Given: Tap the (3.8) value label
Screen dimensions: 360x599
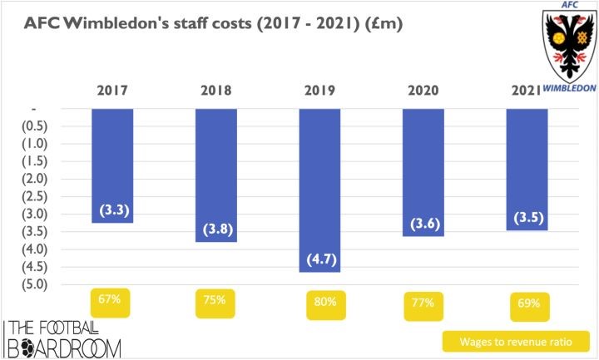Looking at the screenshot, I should (x=216, y=229).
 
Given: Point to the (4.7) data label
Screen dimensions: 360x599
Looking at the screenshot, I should (x=319, y=259).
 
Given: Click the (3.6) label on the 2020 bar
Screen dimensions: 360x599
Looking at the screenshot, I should (x=423, y=224).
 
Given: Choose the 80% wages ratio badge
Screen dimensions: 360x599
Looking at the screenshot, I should (x=319, y=303).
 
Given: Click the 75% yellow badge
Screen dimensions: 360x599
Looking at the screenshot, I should (x=215, y=301).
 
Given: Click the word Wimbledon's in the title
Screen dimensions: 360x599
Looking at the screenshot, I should (x=134, y=24).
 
